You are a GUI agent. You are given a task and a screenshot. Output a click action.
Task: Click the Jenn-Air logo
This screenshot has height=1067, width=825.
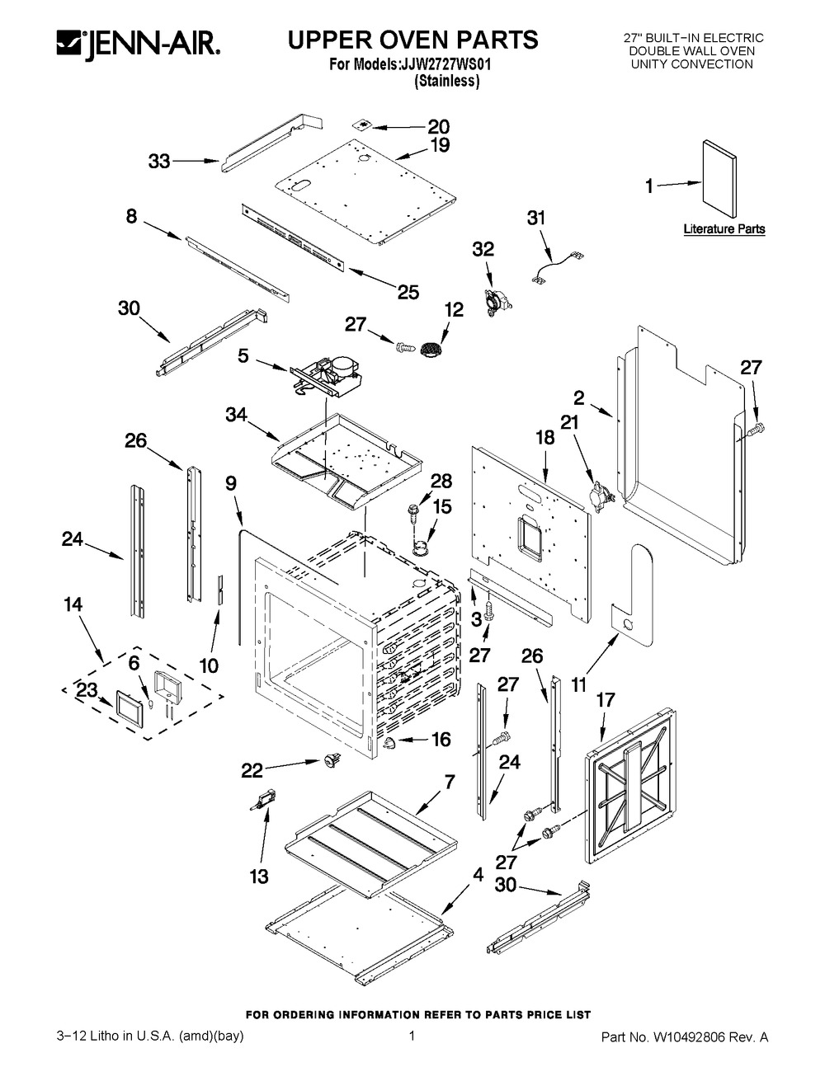click(137, 44)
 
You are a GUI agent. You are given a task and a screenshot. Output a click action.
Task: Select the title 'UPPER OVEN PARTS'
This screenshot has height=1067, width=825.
click(412, 39)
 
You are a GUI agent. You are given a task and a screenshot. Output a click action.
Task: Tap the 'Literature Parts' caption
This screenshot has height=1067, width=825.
click(724, 229)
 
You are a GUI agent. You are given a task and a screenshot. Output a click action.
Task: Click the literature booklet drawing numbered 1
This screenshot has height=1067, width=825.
click(718, 182)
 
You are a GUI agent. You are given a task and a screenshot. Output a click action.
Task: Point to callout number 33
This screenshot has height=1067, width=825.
click(159, 162)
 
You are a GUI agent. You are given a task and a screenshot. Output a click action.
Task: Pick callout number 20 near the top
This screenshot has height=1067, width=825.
click(438, 127)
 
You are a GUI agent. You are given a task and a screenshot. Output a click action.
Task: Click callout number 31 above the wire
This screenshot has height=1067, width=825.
click(536, 219)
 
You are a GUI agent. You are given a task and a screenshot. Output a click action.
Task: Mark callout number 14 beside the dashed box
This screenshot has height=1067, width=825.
click(73, 604)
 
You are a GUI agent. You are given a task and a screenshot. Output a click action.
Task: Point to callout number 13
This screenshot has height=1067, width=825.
click(259, 876)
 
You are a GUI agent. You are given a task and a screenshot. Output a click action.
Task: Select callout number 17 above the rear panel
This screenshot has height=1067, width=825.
click(606, 700)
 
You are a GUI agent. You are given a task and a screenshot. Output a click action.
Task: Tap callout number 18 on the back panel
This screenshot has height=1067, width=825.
click(544, 437)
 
